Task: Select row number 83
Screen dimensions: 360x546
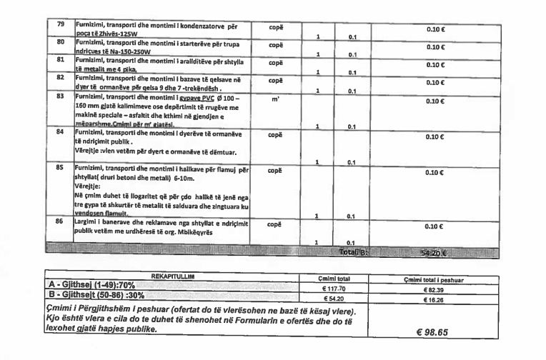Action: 60,95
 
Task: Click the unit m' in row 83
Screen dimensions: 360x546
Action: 275,100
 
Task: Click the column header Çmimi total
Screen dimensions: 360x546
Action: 334,279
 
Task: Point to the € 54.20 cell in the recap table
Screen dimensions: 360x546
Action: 334,298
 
